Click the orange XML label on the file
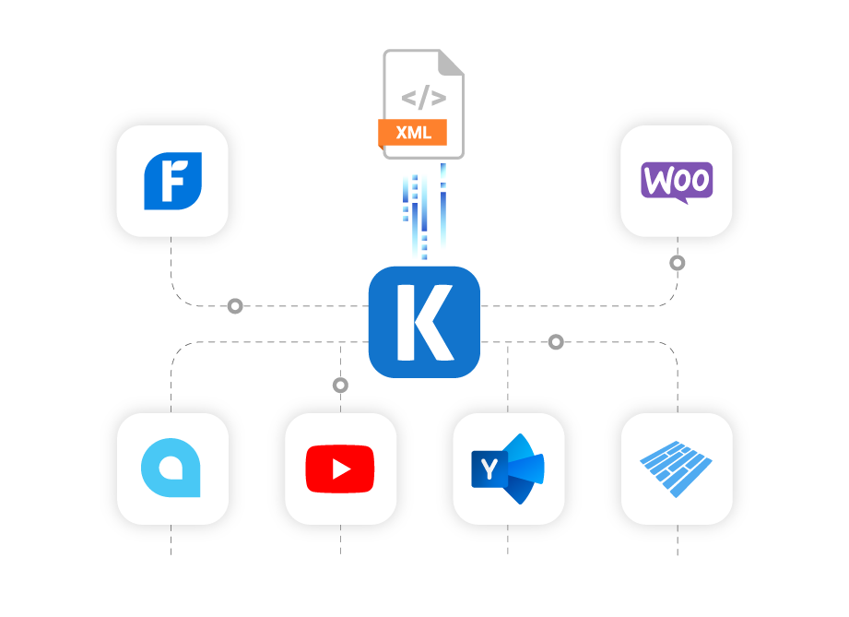click(413, 133)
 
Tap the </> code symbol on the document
click(423, 98)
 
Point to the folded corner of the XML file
click(451, 63)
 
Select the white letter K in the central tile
click(423, 322)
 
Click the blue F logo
click(171, 181)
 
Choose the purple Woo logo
click(677, 181)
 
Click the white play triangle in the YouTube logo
click(341, 469)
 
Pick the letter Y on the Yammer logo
click(487, 470)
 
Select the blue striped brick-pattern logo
click(677, 469)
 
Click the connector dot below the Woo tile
click(678, 263)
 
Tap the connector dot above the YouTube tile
click(340, 385)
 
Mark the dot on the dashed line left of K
click(235, 305)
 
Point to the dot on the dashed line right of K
click(556, 342)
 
